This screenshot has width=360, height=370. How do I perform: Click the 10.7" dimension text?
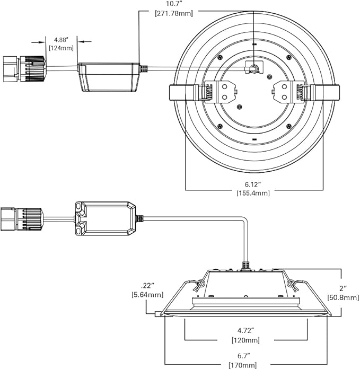pos(174,4)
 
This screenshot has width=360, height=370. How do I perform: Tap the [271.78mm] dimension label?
pos(174,13)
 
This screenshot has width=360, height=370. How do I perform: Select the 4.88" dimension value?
pos(61,39)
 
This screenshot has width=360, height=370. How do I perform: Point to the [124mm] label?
pos(61,48)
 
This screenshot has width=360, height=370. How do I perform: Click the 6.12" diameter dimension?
pos(253,184)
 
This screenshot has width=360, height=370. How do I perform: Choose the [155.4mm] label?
pos(253,193)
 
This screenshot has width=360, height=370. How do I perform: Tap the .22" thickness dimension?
pos(147,286)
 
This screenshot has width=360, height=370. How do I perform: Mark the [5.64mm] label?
pos(147,295)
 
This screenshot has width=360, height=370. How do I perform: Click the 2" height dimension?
pos(343,288)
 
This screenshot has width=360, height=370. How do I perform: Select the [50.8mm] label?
pos(343,297)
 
